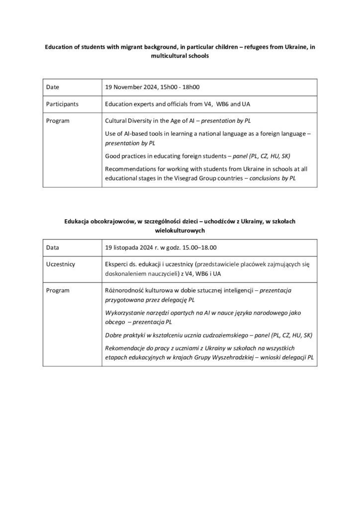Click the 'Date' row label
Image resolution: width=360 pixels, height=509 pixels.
[x=52, y=87]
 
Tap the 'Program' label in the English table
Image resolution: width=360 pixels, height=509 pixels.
[x=57, y=121]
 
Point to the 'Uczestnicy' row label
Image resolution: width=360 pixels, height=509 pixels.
[x=60, y=264]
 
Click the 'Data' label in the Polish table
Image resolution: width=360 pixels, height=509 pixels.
[x=52, y=247]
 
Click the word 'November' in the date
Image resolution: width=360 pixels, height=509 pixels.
[x=129, y=87]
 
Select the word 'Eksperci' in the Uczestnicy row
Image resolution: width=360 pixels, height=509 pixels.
[x=117, y=264]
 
